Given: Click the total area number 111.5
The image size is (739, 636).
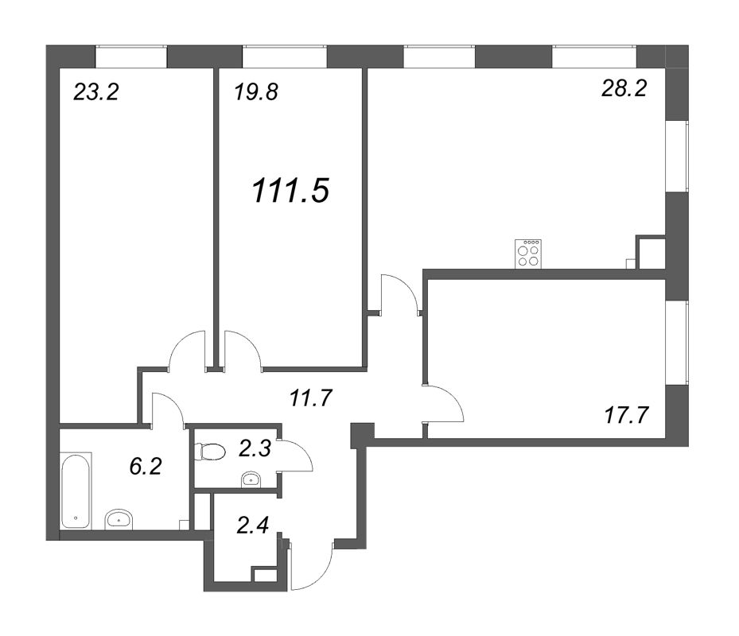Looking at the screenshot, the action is (290, 192).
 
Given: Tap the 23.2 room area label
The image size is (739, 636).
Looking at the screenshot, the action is (96, 92).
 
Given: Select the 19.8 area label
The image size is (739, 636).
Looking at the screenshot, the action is (256, 92).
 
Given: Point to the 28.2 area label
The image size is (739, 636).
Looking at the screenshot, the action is (624, 87).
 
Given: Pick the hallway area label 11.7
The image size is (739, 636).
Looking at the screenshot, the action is (311, 398).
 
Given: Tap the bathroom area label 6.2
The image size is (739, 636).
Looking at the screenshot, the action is (146, 467).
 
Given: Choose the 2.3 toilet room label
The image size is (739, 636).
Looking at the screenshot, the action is (255, 448).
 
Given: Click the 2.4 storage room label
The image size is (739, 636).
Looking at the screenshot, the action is (253, 525).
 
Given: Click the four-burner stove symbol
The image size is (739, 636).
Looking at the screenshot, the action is (528, 254).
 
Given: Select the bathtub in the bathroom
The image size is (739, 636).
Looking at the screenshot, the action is (76, 491).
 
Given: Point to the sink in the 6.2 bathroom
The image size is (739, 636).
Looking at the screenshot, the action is (119, 518).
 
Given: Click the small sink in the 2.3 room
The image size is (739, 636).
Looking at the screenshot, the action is (251, 480).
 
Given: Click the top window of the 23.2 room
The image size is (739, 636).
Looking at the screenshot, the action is (131, 56).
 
